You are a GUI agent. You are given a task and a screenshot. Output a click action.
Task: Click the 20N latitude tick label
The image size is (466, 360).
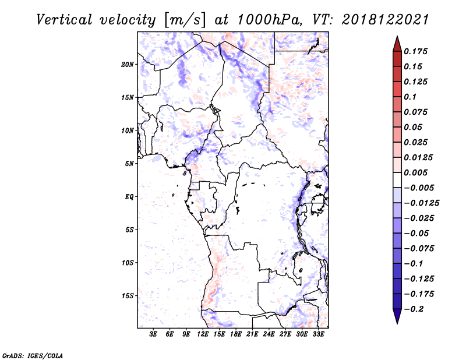click(x=128, y=64)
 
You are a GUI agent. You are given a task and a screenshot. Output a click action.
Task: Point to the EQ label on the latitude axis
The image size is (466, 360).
click(x=129, y=197)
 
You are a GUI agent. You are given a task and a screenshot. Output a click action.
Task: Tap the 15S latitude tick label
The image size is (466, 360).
click(x=128, y=296)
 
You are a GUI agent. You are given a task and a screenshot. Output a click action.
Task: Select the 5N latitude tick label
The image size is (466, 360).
click(x=129, y=164)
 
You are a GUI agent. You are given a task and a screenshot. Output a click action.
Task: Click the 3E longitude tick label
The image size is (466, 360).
click(x=153, y=334)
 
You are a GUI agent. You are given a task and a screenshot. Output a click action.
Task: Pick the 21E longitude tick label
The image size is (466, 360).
click(x=252, y=334)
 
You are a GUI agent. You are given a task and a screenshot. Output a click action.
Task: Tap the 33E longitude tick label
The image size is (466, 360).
click(x=318, y=334)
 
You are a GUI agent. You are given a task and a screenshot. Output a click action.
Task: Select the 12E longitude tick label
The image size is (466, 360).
click(x=203, y=334)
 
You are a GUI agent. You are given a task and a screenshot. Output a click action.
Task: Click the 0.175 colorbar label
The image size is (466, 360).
click(x=415, y=51)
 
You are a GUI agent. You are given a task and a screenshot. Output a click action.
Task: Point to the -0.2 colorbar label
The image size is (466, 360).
click(x=414, y=309)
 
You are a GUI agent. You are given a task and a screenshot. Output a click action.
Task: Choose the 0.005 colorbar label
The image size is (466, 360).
click(x=415, y=172)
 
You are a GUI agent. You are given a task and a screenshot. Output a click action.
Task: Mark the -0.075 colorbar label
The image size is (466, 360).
click(x=419, y=249)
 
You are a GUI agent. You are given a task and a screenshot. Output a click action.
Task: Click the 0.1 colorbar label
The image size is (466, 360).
click(x=410, y=97)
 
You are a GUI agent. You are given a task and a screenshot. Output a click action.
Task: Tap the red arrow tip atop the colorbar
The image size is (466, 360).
click(x=397, y=36)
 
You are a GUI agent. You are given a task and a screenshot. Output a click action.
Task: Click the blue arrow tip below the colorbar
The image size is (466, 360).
click(x=397, y=323)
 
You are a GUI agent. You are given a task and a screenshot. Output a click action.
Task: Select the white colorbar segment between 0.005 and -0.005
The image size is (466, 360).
click(x=397, y=180)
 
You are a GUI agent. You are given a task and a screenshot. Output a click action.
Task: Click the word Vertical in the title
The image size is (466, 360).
click(x=65, y=20)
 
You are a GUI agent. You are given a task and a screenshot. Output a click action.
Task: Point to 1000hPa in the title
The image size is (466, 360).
click(x=270, y=20)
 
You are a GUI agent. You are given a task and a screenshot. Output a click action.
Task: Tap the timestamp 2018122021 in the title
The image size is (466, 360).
click(x=385, y=20)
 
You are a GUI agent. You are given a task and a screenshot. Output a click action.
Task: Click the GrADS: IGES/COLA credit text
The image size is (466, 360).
click(x=33, y=355)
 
